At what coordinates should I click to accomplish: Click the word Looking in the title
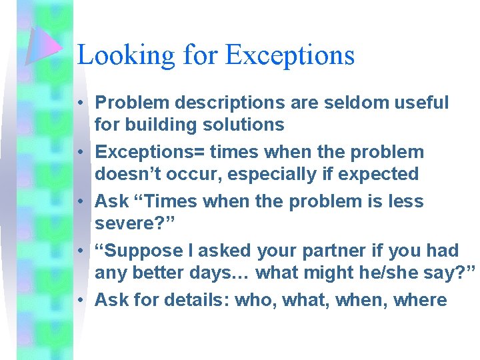coord(116,55)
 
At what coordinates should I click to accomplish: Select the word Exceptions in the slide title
coord(290,55)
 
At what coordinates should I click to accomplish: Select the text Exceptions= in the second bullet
coord(149,152)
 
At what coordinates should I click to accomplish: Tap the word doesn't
coord(124,174)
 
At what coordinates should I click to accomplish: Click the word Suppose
coord(140,251)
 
